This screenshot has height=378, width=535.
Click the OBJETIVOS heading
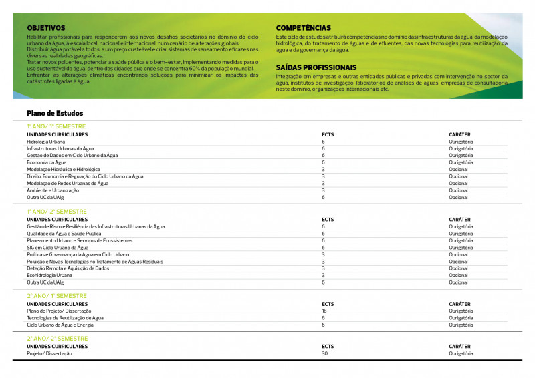(x=46, y=27)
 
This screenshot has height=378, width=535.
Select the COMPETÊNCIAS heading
(x=303, y=27)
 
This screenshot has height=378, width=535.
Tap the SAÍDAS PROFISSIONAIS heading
(x=316, y=67)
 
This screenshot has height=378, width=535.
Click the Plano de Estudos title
(x=55, y=113)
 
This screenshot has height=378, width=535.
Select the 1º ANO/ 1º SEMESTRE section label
(x=56, y=126)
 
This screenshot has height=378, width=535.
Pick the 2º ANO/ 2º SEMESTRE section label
(x=57, y=339)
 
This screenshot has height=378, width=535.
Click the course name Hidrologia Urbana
(x=46, y=142)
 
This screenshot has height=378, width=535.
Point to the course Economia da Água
(x=47, y=162)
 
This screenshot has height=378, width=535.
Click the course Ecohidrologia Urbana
(x=49, y=275)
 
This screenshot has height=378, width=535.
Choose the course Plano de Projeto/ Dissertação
(x=60, y=311)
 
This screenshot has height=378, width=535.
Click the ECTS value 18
(x=324, y=311)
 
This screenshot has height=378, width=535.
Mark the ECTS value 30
(x=324, y=353)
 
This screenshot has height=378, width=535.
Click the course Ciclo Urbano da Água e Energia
(x=60, y=325)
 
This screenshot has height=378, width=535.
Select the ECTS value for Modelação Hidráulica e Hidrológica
(x=323, y=170)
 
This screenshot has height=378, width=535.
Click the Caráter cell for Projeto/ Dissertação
(x=461, y=353)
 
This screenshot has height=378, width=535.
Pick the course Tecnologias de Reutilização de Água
(x=65, y=318)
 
